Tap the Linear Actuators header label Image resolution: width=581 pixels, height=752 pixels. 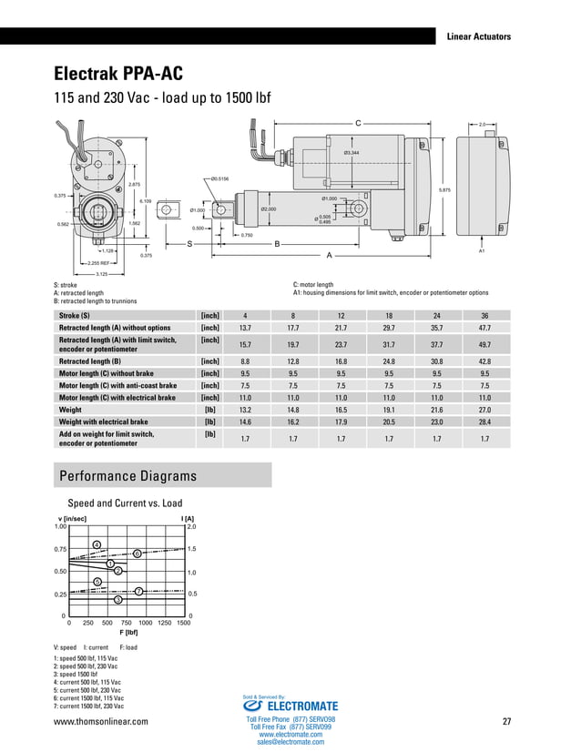(478, 36)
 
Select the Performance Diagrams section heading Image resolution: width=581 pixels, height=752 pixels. (127, 476)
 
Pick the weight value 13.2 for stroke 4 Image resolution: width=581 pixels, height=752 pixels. (244, 410)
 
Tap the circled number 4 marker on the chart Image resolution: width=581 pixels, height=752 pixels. (96, 544)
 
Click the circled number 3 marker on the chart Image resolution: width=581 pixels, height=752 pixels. (117, 599)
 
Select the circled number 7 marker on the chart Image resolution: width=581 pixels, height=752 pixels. (138, 592)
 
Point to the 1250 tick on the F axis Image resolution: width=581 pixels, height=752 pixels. (164, 623)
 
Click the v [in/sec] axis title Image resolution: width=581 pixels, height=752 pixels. (72, 518)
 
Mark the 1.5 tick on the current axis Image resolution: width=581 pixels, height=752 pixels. (192, 549)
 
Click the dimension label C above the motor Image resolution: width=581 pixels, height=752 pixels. (358, 121)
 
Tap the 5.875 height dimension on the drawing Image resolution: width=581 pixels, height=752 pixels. (444, 189)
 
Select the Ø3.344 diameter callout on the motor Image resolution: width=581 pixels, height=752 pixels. (351, 152)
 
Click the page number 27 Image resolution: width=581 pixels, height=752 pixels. (506, 722)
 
